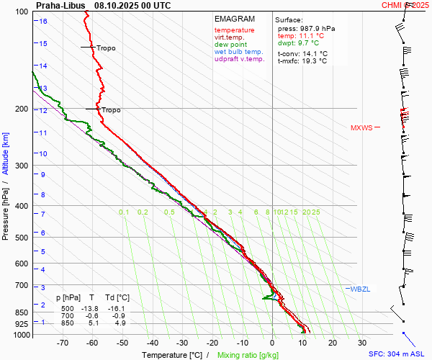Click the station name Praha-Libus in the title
tap(60, 5)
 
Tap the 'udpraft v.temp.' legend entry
tap(240, 60)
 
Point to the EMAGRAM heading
tap(235, 19)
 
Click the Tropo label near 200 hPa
tap(111, 110)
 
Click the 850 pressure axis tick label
tap(21, 312)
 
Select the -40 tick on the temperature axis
tap(152, 343)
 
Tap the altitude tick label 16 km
tap(43, 21)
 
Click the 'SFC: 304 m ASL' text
tap(396, 354)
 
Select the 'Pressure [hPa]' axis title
tap(6, 209)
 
